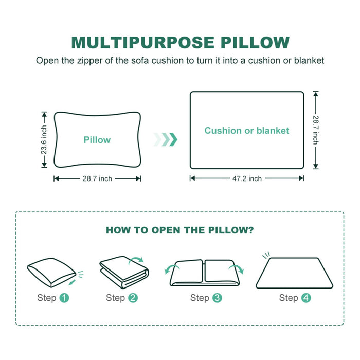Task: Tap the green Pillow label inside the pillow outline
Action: point(97,140)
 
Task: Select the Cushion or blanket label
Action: point(247,131)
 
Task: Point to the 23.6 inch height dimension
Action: point(44,139)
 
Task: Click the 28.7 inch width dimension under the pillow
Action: point(97,178)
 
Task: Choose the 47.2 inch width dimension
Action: point(247,178)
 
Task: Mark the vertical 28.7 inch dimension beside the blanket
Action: point(316,130)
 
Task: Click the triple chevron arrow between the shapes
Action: point(165,139)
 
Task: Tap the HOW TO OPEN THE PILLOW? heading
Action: point(179,230)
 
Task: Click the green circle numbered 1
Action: point(64,298)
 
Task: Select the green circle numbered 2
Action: point(133,298)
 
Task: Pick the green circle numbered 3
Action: point(217,298)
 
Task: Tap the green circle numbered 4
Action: point(307,298)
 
